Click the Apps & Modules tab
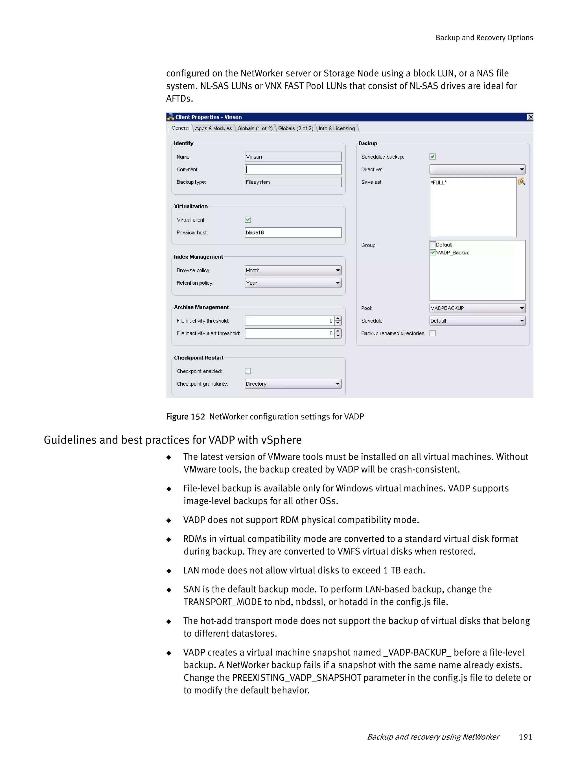click(213, 128)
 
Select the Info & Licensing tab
click(336, 128)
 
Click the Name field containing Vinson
click(293, 157)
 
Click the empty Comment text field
click(293, 169)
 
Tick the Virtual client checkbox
click(248, 220)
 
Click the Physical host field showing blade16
click(293, 232)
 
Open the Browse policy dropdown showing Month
click(293, 270)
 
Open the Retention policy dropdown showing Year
click(293, 283)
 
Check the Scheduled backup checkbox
click(432, 157)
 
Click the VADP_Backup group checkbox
click(433, 252)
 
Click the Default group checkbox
click(433, 244)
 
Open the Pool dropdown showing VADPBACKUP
click(477, 308)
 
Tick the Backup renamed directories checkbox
click(432, 333)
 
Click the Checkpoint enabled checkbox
click(248, 371)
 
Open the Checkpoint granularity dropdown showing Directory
click(293, 384)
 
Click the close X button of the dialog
click(530, 117)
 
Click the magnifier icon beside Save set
click(521, 181)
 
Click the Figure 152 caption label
click(185, 416)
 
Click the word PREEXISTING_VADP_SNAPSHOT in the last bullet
click(297, 678)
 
